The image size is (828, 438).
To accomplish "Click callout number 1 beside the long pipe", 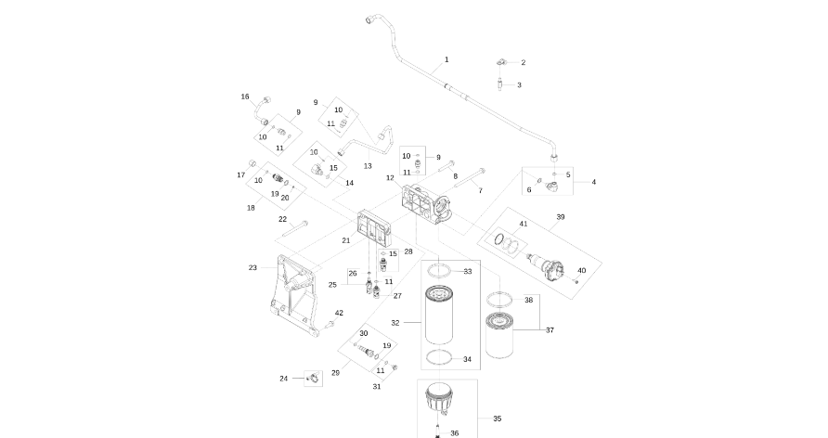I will pyautogui.click(x=446, y=59).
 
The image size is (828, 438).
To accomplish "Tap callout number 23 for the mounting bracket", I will pyautogui.click(x=252, y=267).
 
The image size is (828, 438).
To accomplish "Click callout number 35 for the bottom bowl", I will pyautogui.click(x=497, y=419).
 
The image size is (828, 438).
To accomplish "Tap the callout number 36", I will pyautogui.click(x=455, y=432).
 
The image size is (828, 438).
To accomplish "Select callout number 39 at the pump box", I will pyautogui.click(x=560, y=216).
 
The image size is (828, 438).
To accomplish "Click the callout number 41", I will pyautogui.click(x=524, y=225).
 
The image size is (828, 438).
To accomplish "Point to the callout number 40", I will pyautogui.click(x=582, y=270).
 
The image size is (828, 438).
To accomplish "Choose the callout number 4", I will pyautogui.click(x=594, y=182).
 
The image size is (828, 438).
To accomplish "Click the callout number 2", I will pyautogui.click(x=523, y=62).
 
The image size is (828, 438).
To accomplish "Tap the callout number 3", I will pyautogui.click(x=519, y=84).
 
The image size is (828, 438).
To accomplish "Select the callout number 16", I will pyautogui.click(x=245, y=97).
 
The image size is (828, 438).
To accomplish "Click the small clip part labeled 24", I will pyautogui.click(x=312, y=378).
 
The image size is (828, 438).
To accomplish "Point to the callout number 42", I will pyautogui.click(x=339, y=313).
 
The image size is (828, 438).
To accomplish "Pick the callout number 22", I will pyautogui.click(x=282, y=219).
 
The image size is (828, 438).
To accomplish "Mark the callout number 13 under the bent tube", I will pyautogui.click(x=368, y=166).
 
